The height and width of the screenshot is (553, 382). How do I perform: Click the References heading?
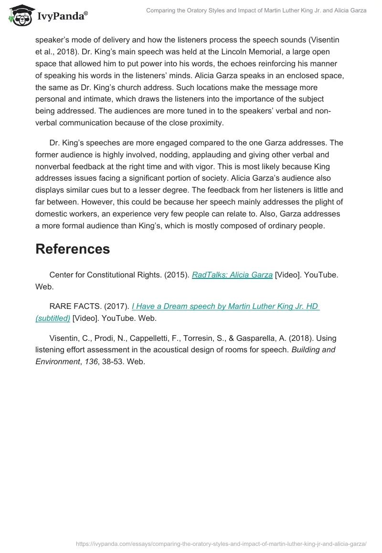73,249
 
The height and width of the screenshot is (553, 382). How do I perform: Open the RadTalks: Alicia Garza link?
232,275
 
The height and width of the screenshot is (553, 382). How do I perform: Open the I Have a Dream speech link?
225,307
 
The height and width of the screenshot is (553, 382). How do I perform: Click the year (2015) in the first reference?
175,275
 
